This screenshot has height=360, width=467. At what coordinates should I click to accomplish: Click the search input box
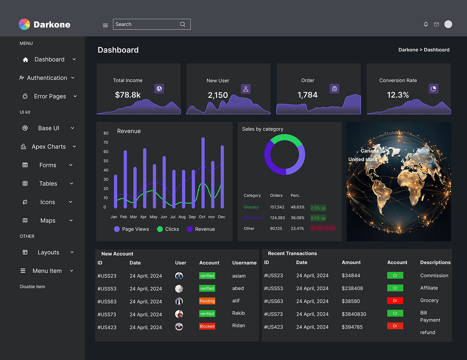[x=146, y=24]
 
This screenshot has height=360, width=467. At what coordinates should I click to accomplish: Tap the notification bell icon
[x=426, y=24]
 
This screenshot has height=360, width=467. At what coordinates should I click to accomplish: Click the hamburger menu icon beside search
[x=105, y=25]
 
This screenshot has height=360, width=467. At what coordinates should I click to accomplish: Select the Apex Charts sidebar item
[x=48, y=147]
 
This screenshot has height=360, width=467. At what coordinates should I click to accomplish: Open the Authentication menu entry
[x=47, y=78]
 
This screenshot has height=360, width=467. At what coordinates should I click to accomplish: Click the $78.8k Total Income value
[x=128, y=95]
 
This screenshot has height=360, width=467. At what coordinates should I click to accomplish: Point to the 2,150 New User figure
[x=218, y=95]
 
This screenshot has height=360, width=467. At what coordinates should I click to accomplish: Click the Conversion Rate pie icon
[x=433, y=88]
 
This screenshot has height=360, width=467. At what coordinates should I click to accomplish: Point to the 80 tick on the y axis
[x=106, y=133]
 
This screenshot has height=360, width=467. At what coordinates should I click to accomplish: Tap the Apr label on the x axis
[x=144, y=217]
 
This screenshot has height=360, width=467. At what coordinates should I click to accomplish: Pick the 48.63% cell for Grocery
[x=297, y=207]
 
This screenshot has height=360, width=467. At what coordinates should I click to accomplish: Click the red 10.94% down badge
[x=323, y=228]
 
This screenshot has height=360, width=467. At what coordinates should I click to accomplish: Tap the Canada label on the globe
[x=369, y=151]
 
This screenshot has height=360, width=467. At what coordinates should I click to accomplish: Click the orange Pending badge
[x=207, y=301]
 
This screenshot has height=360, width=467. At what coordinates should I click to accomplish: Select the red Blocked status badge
[x=207, y=326]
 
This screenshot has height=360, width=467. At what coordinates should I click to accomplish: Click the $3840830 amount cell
[x=354, y=314]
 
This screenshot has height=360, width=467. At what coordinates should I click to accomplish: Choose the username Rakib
[x=238, y=313]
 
